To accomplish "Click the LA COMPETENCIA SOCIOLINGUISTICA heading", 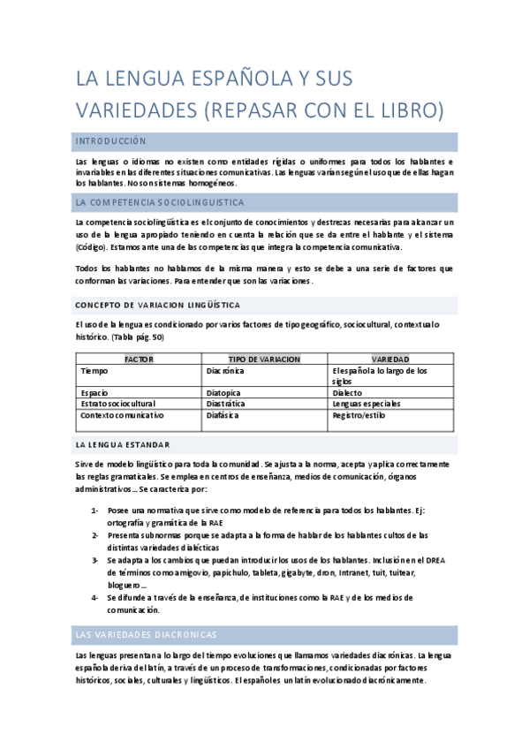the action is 160,202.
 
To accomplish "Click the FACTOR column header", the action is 139,359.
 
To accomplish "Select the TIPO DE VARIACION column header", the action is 264,359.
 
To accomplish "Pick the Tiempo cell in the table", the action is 94,371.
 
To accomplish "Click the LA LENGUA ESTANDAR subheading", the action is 123,444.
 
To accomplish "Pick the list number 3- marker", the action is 94,559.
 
